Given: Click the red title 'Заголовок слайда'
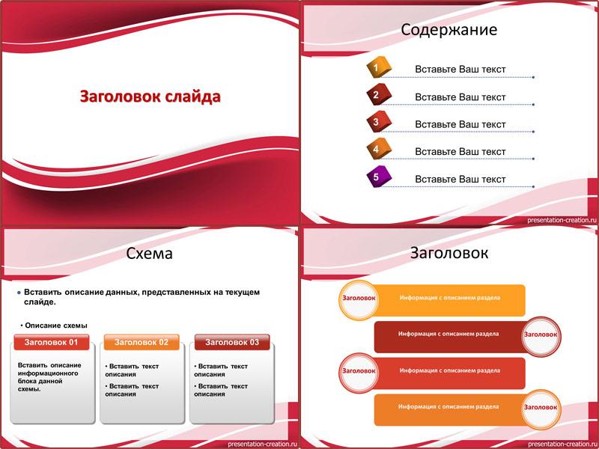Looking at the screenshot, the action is (x=150, y=97).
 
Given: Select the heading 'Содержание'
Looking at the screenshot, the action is (x=449, y=30).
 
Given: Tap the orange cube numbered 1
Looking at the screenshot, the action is (x=378, y=67).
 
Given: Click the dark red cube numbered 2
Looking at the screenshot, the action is (x=378, y=94).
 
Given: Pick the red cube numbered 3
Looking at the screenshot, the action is (x=378, y=122).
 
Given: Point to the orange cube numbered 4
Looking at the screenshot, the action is (x=378, y=149).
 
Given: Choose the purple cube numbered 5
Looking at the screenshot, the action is (x=378, y=177).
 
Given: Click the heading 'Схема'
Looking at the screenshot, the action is (x=149, y=253).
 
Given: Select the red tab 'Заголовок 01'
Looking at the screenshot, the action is (x=51, y=342).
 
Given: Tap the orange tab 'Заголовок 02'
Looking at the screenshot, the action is (x=142, y=342).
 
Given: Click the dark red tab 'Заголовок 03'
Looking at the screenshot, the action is (x=232, y=342).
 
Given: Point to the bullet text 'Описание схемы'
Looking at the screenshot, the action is (x=55, y=326).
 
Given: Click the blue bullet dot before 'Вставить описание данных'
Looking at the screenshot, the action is (x=19, y=293).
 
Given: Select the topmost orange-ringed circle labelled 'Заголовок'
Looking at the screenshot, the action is (x=359, y=300).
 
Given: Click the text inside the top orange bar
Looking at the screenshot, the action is (x=450, y=297).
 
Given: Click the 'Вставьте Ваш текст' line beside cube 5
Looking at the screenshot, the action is (x=460, y=179).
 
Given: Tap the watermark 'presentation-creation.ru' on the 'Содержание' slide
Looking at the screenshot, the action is (x=562, y=220).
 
